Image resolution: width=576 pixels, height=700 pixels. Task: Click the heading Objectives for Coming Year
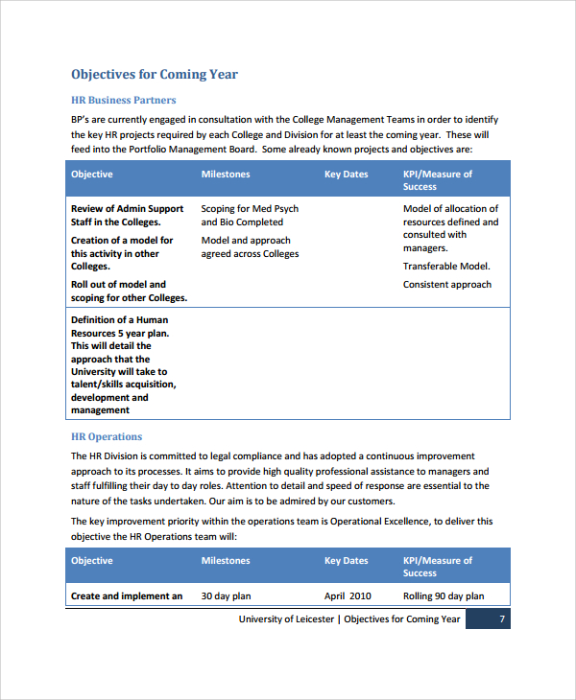click(x=155, y=75)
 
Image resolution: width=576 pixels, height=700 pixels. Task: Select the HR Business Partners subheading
click(x=124, y=100)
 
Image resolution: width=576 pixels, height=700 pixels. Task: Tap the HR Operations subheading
click(x=107, y=437)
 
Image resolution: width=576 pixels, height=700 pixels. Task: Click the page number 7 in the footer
click(x=501, y=619)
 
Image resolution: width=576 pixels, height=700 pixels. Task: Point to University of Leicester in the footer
click(x=286, y=619)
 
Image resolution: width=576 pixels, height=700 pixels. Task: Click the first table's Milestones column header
click(x=226, y=175)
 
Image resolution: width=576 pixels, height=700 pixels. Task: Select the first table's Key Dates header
click(x=346, y=175)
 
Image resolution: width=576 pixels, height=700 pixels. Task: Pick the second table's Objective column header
click(x=92, y=561)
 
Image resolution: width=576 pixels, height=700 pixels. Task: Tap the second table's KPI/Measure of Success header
click(x=438, y=567)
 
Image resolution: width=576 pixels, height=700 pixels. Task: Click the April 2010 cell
click(x=348, y=596)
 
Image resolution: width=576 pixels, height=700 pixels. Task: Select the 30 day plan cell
click(x=226, y=596)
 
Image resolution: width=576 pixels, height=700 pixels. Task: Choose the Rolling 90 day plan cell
click(x=444, y=596)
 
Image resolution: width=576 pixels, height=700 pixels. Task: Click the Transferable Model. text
click(x=446, y=267)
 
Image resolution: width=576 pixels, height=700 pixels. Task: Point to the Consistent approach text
click(x=447, y=285)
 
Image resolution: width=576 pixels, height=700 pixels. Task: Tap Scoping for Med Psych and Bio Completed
click(x=250, y=215)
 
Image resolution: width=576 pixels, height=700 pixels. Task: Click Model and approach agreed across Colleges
click(x=250, y=247)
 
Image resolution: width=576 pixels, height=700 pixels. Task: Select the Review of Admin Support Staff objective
click(x=127, y=215)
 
